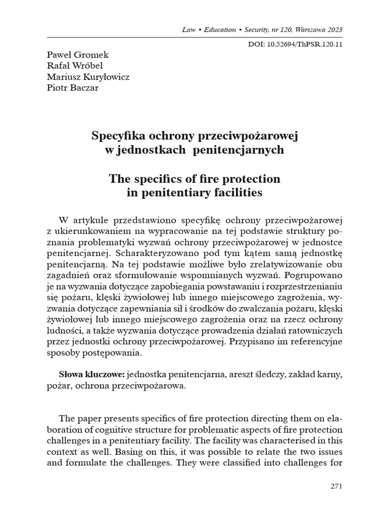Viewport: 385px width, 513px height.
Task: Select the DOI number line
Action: (x=295, y=44)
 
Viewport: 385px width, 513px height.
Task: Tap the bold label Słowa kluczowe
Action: (x=91, y=374)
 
